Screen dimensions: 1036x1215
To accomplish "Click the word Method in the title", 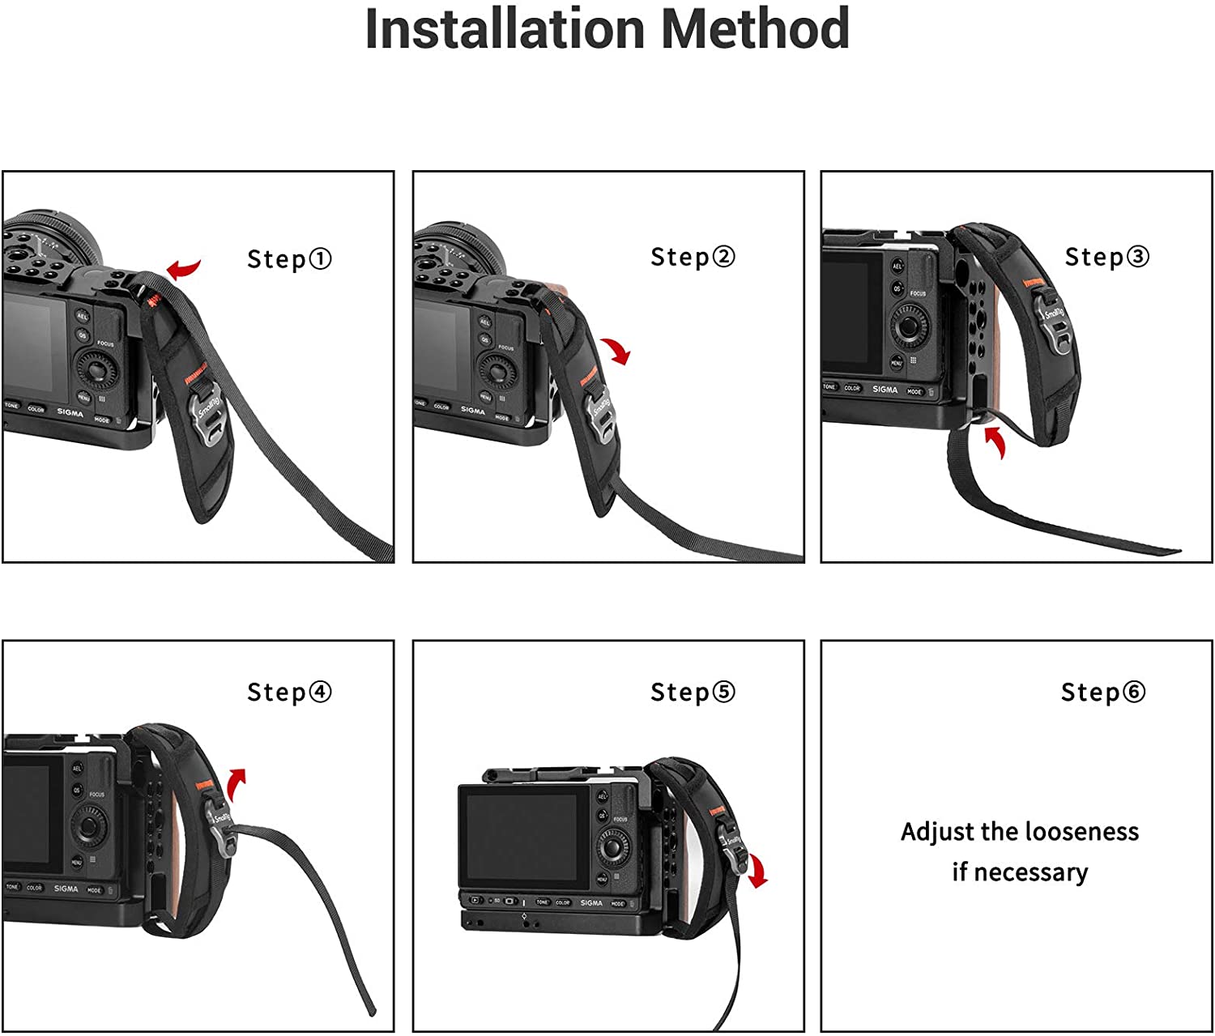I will pyautogui.click(x=755, y=29).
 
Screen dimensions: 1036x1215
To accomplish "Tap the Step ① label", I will pyautogui.click(x=289, y=259).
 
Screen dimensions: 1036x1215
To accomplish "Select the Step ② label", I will pyautogui.click(x=693, y=257).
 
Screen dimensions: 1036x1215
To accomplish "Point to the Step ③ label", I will pyautogui.click(x=1106, y=257).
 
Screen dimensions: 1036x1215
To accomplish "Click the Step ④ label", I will pyautogui.click(x=289, y=692).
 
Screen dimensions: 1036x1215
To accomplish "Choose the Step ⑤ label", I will pyautogui.click(x=693, y=692).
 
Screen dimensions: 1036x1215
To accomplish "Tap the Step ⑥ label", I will pyautogui.click(x=1103, y=692).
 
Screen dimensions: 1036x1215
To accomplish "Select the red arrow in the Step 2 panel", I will pyautogui.click(x=618, y=351).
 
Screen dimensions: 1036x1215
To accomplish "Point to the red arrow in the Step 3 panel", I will pyautogui.click(x=996, y=441).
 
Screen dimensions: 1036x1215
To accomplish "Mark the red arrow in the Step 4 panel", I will pyautogui.click(x=236, y=783).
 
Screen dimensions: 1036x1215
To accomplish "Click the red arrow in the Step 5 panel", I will pyautogui.click(x=757, y=871).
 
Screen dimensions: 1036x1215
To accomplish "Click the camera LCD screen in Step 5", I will pyautogui.click(x=520, y=837).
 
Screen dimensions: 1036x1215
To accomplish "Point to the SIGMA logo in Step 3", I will pyautogui.click(x=885, y=390).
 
